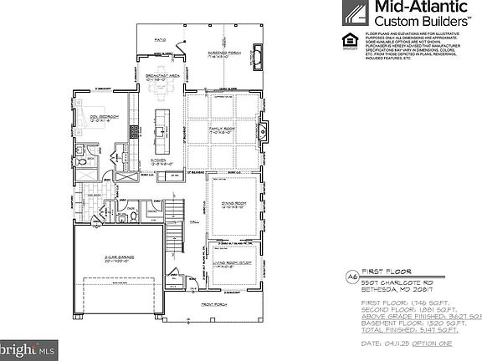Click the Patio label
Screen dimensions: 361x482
161,39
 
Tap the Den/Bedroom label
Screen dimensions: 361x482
107,117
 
